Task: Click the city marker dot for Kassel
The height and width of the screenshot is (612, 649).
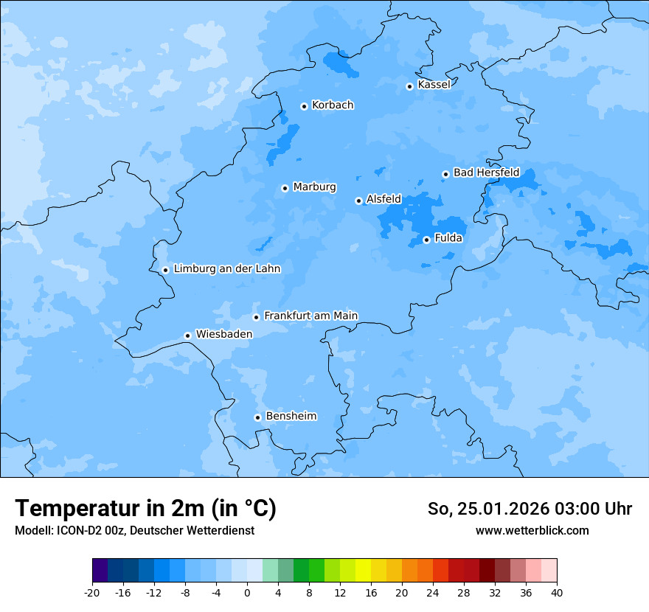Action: tap(409, 86)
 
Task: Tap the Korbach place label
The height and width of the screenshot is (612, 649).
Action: tap(333, 105)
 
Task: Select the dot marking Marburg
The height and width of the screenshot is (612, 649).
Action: tap(285, 188)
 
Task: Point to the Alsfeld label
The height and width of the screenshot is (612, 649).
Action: tap(383, 199)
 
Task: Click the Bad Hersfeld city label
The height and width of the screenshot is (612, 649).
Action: tap(486, 173)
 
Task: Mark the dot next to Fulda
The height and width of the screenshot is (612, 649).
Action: tap(426, 240)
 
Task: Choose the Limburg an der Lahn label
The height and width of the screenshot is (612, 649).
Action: tap(226, 269)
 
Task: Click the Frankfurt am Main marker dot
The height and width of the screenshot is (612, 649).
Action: tap(256, 317)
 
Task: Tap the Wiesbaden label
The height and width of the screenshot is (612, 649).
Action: tap(223, 334)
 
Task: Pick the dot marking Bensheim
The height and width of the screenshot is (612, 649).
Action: tap(257, 417)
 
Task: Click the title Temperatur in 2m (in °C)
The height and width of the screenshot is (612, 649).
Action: tap(145, 509)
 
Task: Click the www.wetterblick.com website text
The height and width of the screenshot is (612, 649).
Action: tap(532, 531)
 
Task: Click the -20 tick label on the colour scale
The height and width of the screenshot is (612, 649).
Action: tap(92, 593)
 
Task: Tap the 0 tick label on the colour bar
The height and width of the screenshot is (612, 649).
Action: tap(247, 593)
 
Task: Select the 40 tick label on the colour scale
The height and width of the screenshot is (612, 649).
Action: tap(557, 593)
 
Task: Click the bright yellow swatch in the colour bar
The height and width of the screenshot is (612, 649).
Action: tap(363, 571)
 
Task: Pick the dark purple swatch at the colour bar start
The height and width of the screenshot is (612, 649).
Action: tap(100, 571)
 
